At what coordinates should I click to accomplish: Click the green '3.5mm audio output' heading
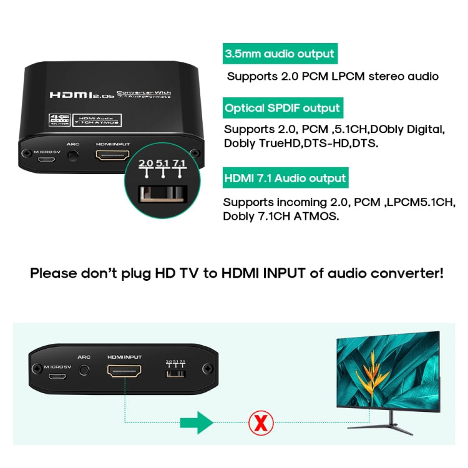pyautogui.click(x=280, y=54)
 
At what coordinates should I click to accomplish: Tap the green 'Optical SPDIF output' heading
pyautogui.click(x=282, y=108)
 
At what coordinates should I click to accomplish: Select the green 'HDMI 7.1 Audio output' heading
pyautogui.click(x=285, y=178)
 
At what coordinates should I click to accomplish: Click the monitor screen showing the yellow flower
pyautogui.click(x=388, y=372)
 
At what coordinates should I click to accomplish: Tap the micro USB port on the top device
pyautogui.click(x=46, y=158)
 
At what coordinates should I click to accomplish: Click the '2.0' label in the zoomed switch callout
pyautogui.click(x=146, y=163)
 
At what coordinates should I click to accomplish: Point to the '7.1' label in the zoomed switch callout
pyautogui.click(x=179, y=163)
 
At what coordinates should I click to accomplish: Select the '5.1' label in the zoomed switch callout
pyautogui.click(x=162, y=163)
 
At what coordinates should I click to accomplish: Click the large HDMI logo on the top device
pyautogui.click(x=70, y=95)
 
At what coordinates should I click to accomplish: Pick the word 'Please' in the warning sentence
pyautogui.click(x=57, y=273)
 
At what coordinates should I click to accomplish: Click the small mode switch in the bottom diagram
pyautogui.click(x=175, y=373)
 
